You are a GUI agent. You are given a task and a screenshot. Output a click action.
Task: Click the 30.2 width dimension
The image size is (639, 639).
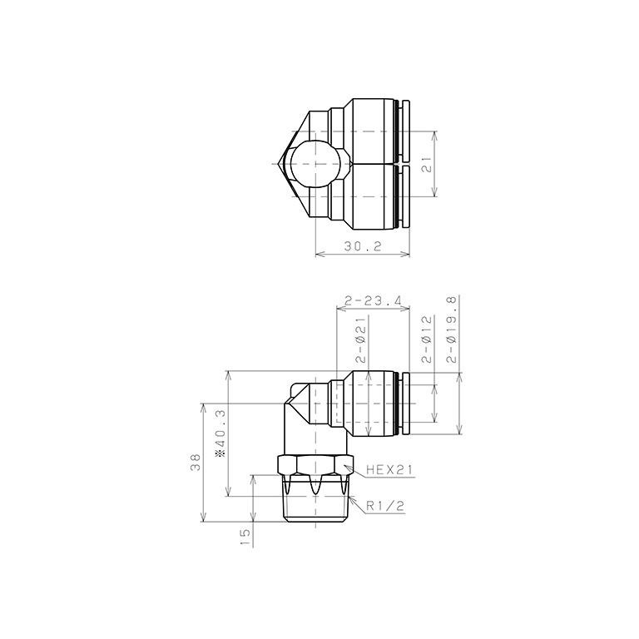coord(363,247)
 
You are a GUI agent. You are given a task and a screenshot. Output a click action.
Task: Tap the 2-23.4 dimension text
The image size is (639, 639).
coord(373,300)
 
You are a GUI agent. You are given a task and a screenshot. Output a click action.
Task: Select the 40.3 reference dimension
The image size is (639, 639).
coord(220,438)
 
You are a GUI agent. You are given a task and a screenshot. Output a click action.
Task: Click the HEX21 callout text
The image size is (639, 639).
coord(389,470)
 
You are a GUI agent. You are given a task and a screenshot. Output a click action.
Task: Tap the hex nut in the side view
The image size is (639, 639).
coord(314,466)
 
